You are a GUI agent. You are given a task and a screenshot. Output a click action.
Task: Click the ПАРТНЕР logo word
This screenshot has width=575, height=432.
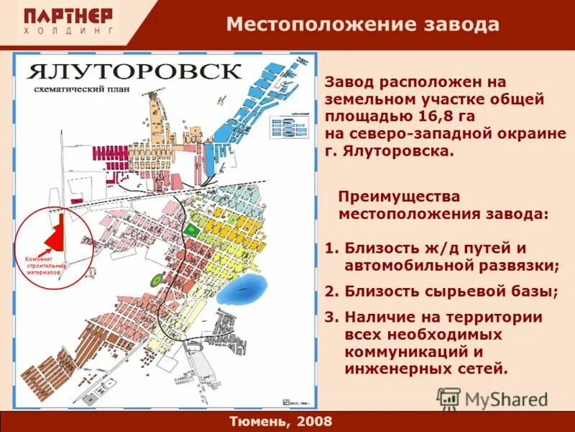coord(68,16)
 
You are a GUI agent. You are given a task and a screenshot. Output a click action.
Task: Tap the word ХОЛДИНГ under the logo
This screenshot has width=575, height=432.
coord(68,32)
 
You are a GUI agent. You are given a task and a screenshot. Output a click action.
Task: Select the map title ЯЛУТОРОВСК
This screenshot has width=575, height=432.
coord(134,72)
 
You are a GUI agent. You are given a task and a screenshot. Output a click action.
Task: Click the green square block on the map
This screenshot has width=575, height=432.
coord(190,228)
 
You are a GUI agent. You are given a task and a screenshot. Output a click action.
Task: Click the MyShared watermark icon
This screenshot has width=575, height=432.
coord(448,398)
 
